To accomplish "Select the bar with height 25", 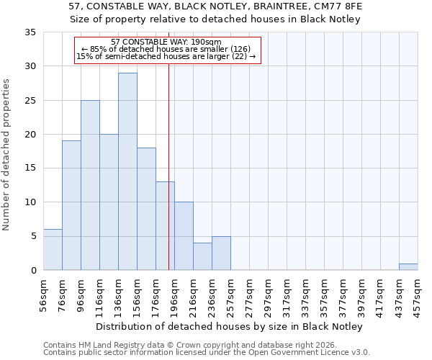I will click(90, 185).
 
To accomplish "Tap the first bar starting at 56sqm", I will click(53, 249).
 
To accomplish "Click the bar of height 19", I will click(71, 205).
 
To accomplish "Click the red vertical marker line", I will click(168, 166).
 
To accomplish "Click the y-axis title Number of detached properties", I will click(7, 155).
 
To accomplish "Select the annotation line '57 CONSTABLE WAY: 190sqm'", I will click(166, 42).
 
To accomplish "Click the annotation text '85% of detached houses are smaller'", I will click(166, 49).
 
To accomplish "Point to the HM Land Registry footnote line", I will click(186, 345).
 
